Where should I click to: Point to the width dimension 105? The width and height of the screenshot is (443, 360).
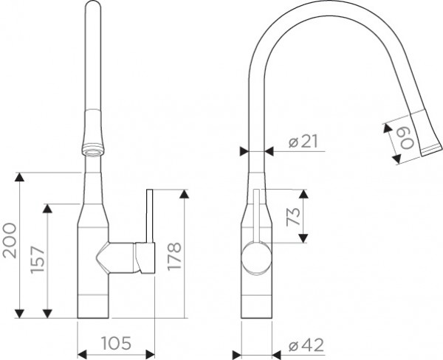[116, 343]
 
